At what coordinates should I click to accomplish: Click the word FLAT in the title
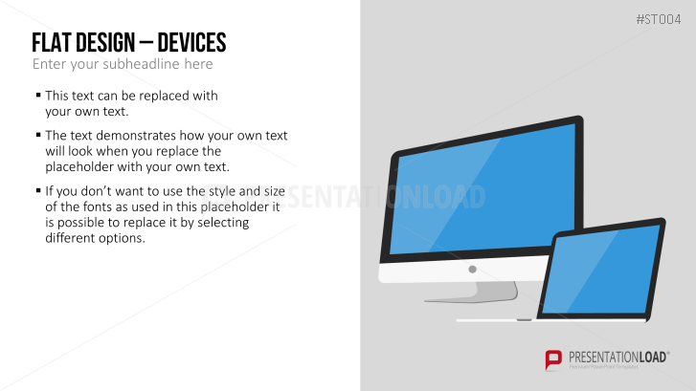coord(52,43)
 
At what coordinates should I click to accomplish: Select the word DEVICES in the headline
coord(191,43)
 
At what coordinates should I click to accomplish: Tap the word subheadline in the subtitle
coord(141,64)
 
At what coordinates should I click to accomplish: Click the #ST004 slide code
coord(659,19)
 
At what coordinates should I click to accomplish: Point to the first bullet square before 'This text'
coord(38,95)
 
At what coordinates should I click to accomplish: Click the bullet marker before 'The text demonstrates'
coord(38,135)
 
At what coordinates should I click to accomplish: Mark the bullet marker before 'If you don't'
coord(38,190)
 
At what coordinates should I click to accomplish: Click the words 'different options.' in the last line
coord(95,238)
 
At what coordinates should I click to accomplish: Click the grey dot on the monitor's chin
coord(472,269)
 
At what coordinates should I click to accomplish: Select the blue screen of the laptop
coord(601,271)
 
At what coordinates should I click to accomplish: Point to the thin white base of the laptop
coord(550,320)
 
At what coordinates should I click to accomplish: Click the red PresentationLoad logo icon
coord(553,359)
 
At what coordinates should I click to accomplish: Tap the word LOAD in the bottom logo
coord(653,357)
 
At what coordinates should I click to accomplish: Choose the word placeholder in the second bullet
coord(74,167)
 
